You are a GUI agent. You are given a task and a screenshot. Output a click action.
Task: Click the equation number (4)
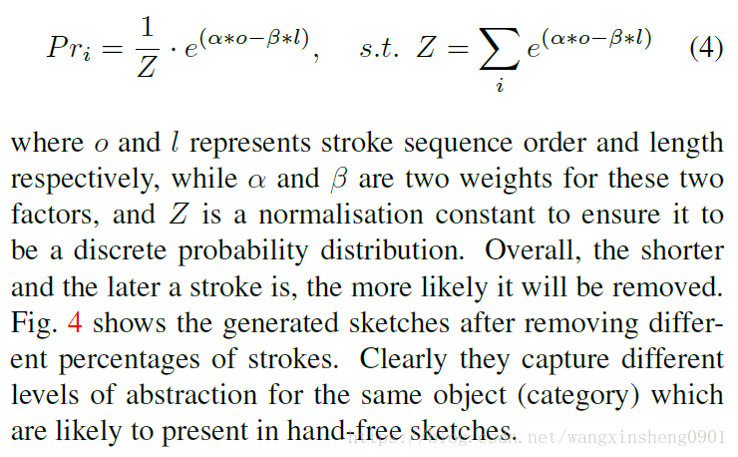(706, 48)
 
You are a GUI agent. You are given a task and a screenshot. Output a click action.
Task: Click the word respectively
(74, 179)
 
